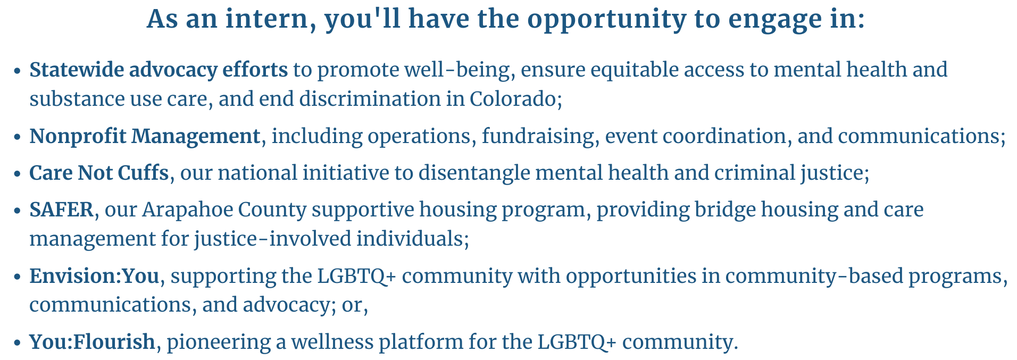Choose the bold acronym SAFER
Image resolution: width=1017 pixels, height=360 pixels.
point(62,210)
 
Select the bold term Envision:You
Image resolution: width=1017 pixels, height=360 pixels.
point(94,276)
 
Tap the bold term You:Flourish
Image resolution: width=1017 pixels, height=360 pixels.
point(92,341)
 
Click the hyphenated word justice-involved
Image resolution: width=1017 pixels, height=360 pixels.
point(272,239)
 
